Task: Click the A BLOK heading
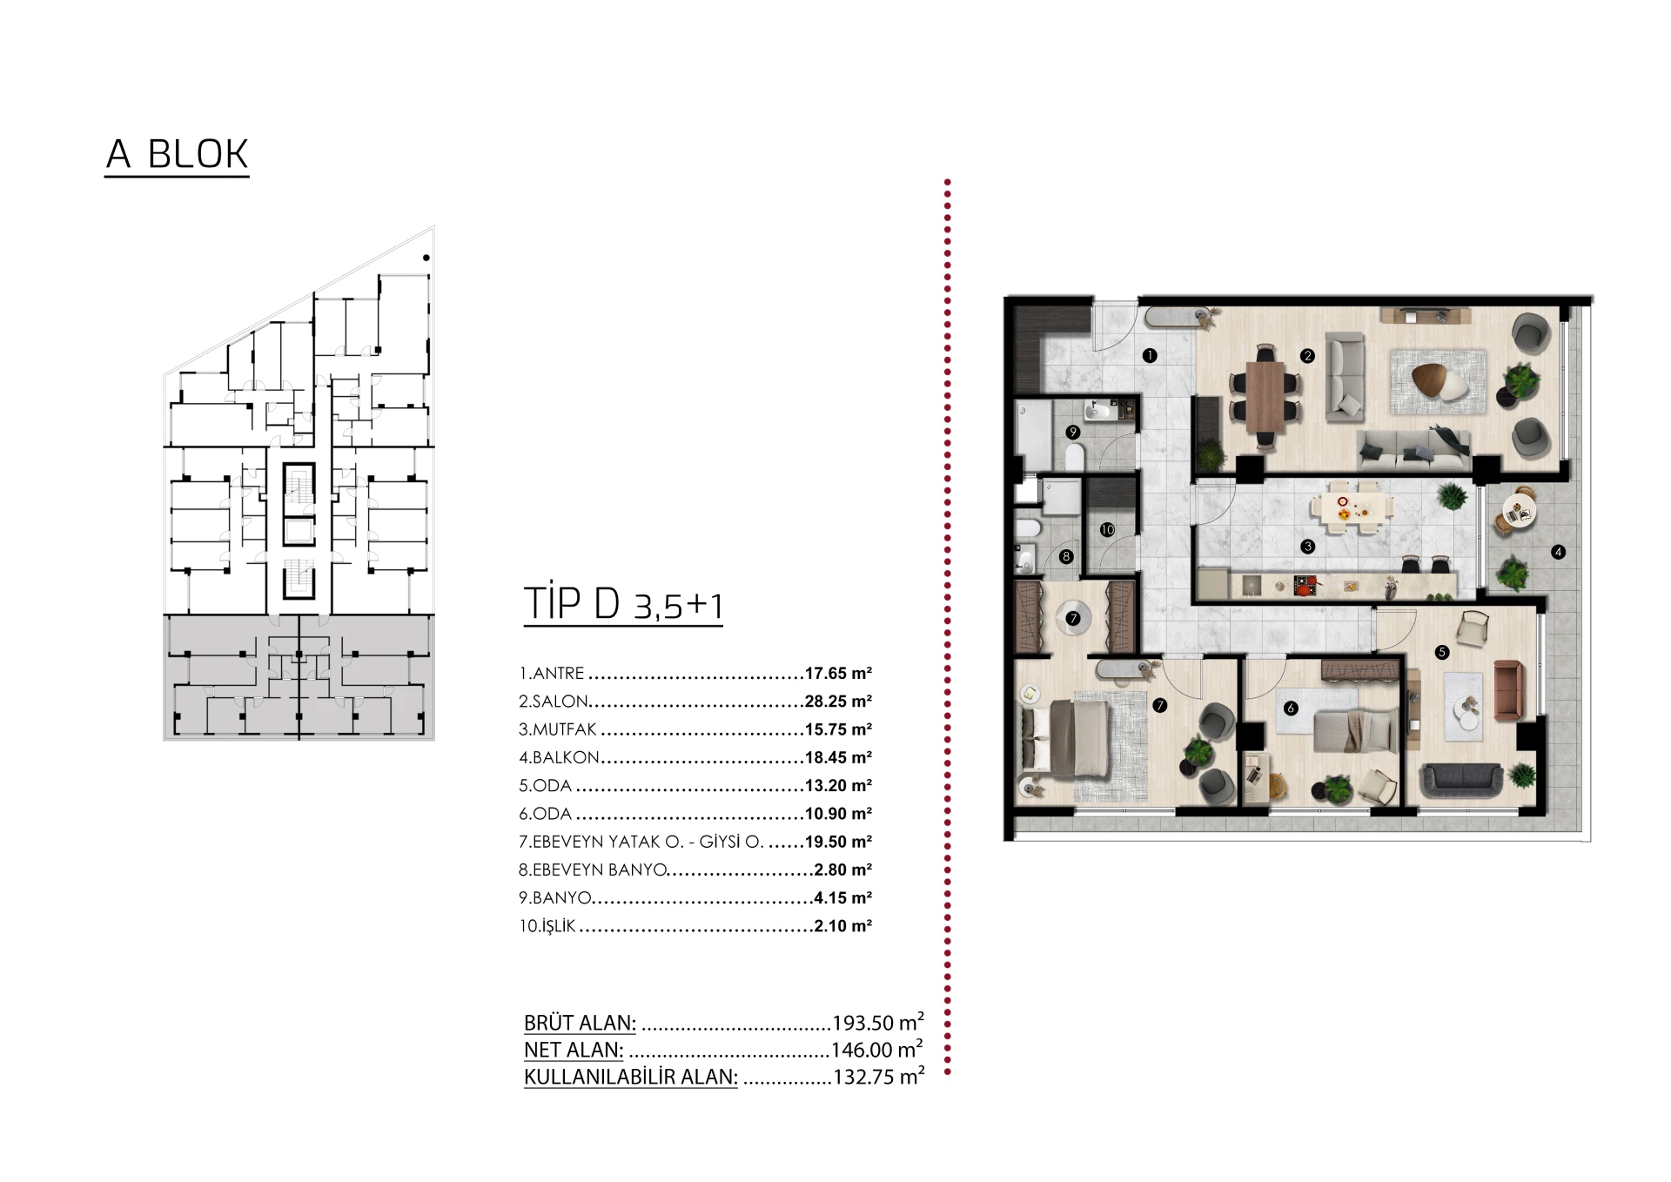[177, 154]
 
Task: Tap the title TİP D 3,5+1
[623, 603]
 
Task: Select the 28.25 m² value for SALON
[838, 702]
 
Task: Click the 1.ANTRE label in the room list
[552, 674]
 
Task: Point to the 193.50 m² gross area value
[878, 1022]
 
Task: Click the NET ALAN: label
[574, 1050]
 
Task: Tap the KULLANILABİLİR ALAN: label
[631, 1077]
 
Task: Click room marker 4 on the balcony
[1558, 552]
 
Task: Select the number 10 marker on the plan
[1107, 529]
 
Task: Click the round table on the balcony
[1519, 512]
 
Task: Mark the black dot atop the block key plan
[426, 258]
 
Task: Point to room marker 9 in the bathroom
[1073, 432]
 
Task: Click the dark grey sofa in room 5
[1461, 781]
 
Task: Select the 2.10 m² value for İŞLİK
[842, 926]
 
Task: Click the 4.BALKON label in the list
[559, 758]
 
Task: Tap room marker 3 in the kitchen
[1307, 547]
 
